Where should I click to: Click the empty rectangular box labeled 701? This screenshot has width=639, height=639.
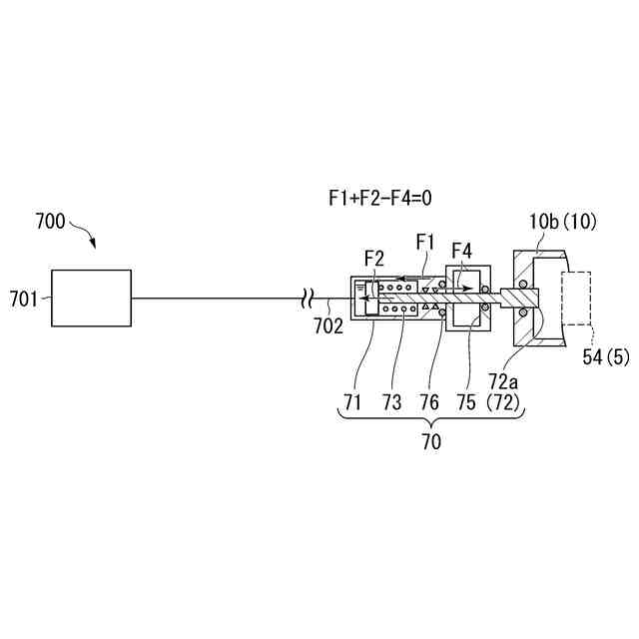pos(91,298)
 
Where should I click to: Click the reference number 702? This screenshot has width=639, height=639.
pos(326,324)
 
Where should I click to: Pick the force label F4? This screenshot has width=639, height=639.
pos(463,250)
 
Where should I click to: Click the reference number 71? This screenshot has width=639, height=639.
pos(352,401)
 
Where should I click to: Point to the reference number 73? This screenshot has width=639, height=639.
pos(393,401)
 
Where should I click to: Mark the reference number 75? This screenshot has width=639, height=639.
pos(466,401)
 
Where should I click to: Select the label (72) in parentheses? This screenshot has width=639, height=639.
pos(504,402)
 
